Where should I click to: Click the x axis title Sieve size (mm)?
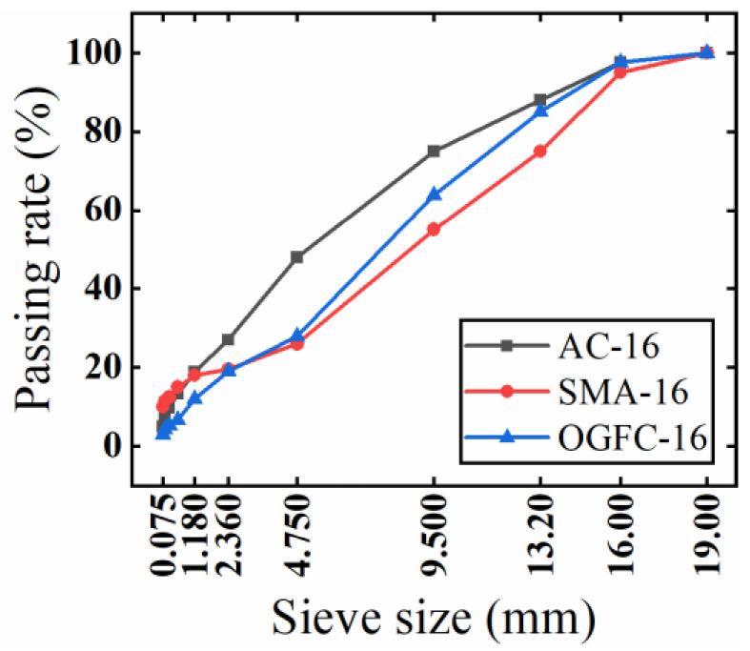coord(434,617)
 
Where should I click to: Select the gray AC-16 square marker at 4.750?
coord(297,256)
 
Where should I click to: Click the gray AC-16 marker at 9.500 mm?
coord(435,151)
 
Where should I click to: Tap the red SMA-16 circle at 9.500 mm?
coord(435,229)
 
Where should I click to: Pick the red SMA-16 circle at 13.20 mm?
coord(540,151)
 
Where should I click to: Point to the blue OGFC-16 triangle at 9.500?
coord(435,193)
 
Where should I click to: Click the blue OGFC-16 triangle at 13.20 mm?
coord(540,111)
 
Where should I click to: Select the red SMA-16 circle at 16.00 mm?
coord(620,72)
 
